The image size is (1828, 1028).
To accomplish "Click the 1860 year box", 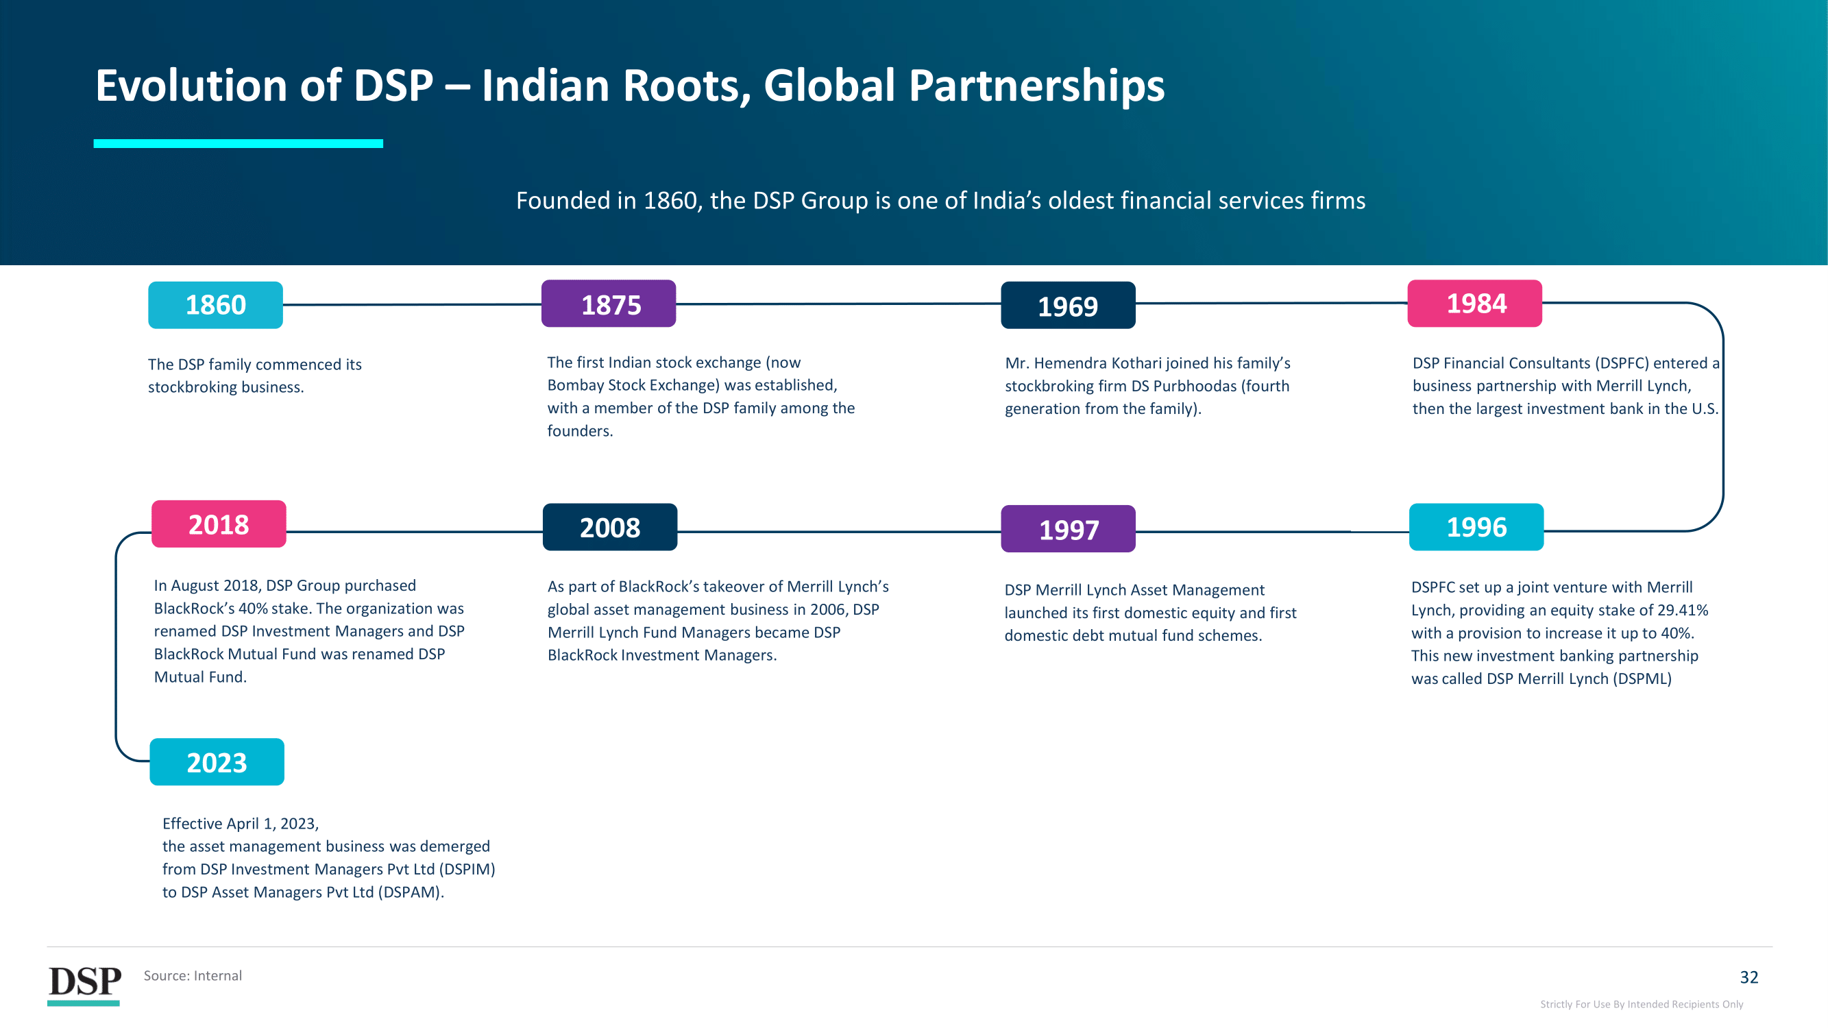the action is coord(215,305).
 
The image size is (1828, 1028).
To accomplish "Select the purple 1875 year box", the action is coord(609,304).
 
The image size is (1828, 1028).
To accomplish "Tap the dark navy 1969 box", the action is coord(1068,305).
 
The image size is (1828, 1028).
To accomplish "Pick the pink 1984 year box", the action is coord(1474,304).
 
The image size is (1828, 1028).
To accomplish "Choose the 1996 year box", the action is coord(1476,527).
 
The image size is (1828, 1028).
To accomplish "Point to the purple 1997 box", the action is coord(1068,528).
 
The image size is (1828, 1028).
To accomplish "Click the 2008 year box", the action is coord(610,527).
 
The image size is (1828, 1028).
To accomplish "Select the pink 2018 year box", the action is coord(219,524).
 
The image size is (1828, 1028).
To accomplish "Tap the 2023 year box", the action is coord(217,762).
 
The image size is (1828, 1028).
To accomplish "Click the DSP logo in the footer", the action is coord(84,985).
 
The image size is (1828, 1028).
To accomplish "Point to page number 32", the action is coord(1748,978).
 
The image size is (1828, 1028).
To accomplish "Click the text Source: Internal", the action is coord(193,975).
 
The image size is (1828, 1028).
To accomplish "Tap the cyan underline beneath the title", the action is coord(239,143).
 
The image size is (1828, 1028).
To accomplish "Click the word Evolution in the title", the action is coord(191,86).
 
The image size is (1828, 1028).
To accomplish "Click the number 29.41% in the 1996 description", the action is coord(1683,610).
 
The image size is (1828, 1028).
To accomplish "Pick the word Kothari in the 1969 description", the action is coord(1136,363).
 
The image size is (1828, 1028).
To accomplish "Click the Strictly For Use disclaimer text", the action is coord(1642,1004).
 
